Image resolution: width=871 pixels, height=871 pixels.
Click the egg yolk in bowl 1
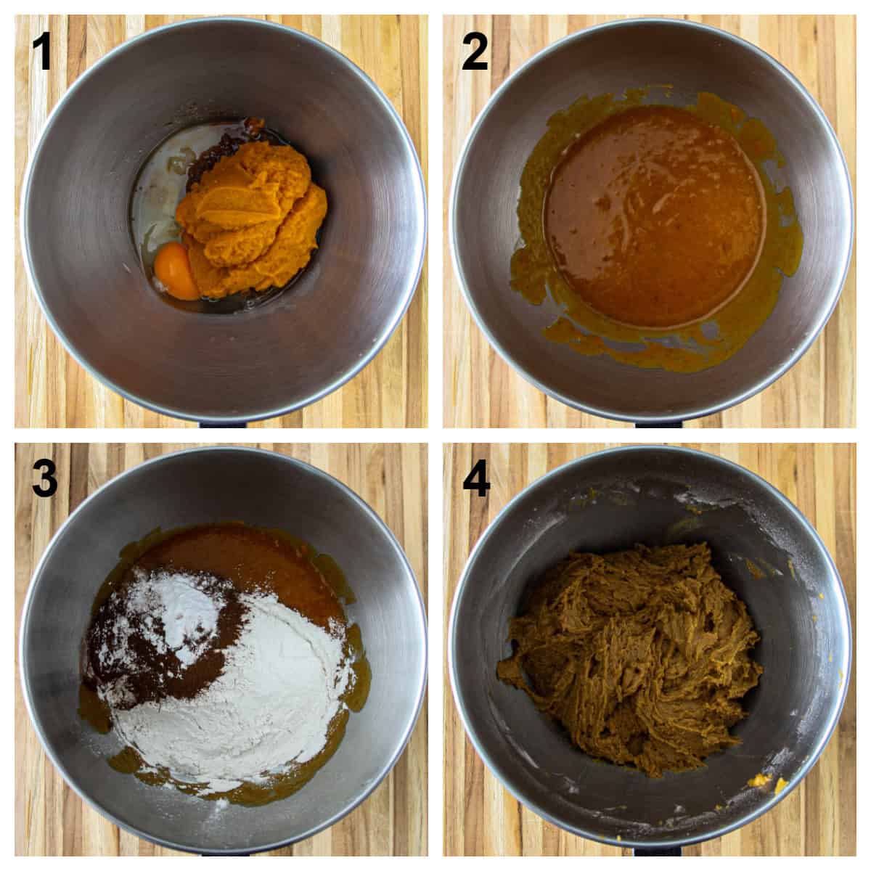178,269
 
